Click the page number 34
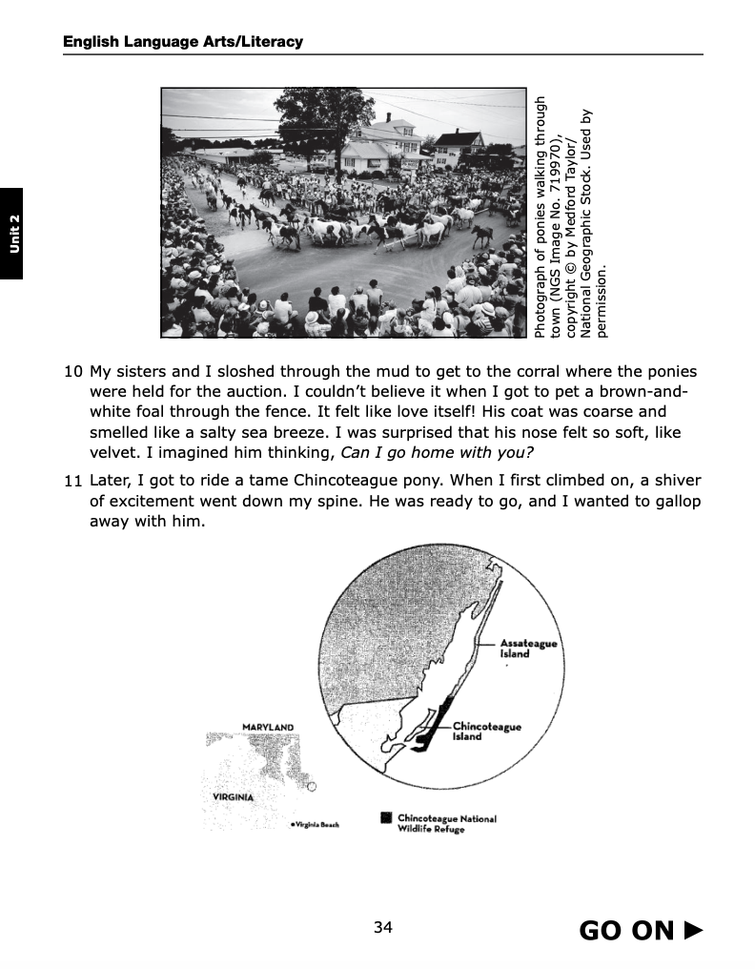(x=383, y=928)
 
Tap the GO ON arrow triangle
(x=693, y=930)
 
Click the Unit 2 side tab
(x=12, y=234)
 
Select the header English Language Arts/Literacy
(x=182, y=41)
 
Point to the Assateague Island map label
(x=528, y=649)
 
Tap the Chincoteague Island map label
(x=486, y=731)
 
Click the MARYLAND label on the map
(x=268, y=728)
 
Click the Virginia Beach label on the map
(x=316, y=824)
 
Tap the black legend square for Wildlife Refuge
(x=385, y=817)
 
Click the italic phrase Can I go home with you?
(x=430, y=452)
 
